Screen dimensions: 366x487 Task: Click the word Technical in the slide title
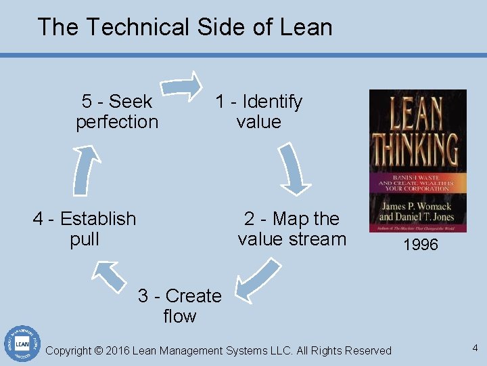[x=136, y=27]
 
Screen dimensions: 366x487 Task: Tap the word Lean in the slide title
[x=308, y=27]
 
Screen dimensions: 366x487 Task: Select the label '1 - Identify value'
[x=258, y=112]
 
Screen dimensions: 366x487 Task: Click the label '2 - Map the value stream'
[x=292, y=228]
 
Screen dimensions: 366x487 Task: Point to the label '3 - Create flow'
[x=179, y=306]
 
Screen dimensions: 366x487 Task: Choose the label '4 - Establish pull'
[x=85, y=228]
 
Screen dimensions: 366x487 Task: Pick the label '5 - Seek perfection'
[x=117, y=112]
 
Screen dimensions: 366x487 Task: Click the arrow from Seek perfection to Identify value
[x=184, y=86]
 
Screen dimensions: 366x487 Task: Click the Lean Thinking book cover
[x=417, y=161]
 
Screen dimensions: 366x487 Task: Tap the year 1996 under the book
[x=421, y=245]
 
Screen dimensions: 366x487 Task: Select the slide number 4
[x=475, y=348]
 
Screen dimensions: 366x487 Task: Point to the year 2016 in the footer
[x=118, y=350]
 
